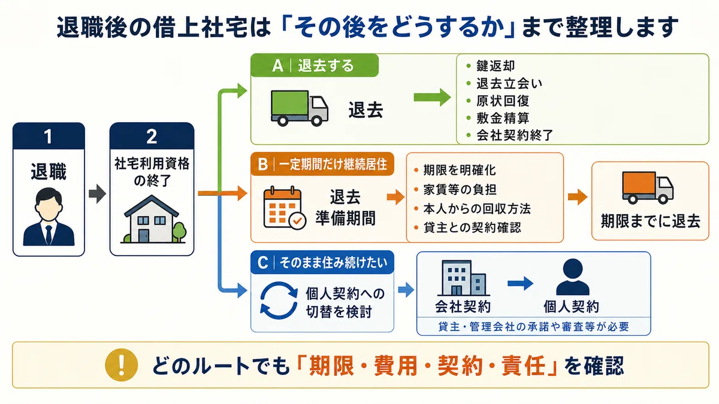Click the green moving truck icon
[299, 108]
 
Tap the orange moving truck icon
[648, 187]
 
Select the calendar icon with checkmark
[285, 208]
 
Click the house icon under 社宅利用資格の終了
[153, 219]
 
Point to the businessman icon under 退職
[49, 217]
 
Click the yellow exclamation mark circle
[121, 365]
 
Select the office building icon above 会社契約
[464, 278]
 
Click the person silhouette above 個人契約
[572, 277]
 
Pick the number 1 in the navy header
[48, 136]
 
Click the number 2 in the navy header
[152, 136]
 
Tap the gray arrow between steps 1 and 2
[97, 194]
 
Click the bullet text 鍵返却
[496, 66]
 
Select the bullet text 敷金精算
[503, 118]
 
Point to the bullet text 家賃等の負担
[460, 190]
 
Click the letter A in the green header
[277, 66]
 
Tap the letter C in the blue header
[262, 263]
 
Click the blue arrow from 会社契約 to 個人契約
[520, 283]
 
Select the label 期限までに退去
[650, 221]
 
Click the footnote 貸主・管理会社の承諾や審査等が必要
[533, 327]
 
